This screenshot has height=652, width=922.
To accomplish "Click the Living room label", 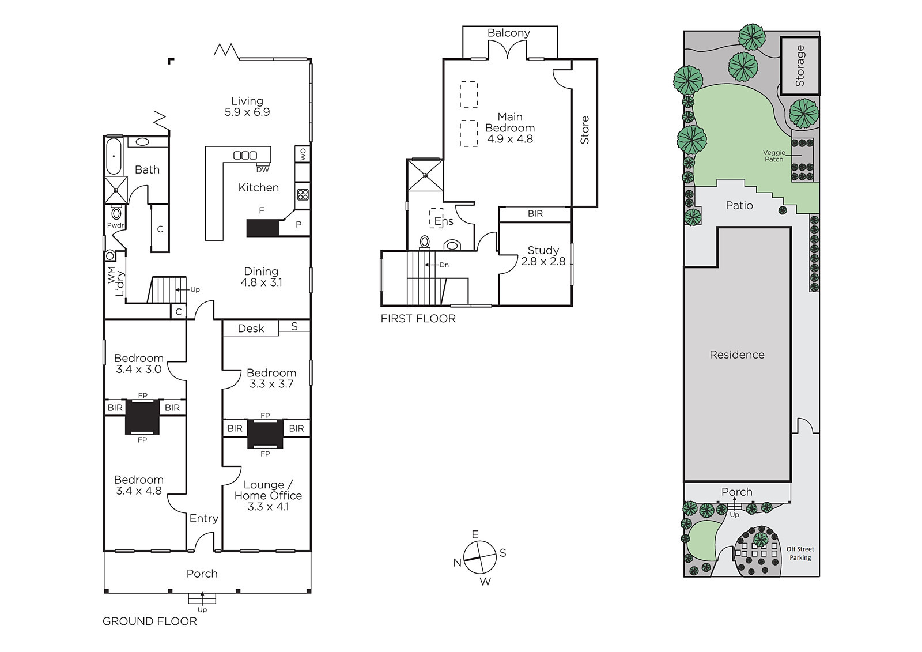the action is (x=247, y=106).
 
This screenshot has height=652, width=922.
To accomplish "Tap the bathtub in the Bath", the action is (x=114, y=156).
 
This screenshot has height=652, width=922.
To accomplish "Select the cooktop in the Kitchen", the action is (x=303, y=194).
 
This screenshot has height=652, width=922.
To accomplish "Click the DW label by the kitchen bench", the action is (x=263, y=169).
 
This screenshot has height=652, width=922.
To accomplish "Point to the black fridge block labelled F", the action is (x=263, y=228).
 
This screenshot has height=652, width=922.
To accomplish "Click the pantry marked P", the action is (x=298, y=224).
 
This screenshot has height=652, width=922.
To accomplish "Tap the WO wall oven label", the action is (x=303, y=155).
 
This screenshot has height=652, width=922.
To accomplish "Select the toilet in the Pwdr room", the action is (x=116, y=213).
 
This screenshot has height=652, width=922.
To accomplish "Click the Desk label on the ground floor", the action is (x=251, y=328).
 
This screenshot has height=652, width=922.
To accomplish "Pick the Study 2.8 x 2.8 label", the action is (x=543, y=256).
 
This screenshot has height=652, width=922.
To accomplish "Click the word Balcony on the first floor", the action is (x=509, y=33).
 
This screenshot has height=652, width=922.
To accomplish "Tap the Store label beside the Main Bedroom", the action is (x=584, y=130).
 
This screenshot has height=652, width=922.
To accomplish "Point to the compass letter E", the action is (x=475, y=534).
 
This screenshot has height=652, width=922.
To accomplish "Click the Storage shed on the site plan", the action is (x=800, y=66).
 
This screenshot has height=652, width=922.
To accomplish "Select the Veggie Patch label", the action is (x=774, y=156).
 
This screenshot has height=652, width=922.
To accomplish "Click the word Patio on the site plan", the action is (x=739, y=206).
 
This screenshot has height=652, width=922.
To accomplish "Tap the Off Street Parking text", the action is (x=800, y=553).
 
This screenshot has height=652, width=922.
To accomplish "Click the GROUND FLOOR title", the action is (x=150, y=621).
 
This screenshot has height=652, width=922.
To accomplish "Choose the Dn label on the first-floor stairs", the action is (x=444, y=265).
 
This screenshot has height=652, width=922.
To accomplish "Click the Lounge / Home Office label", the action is (x=268, y=496).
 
